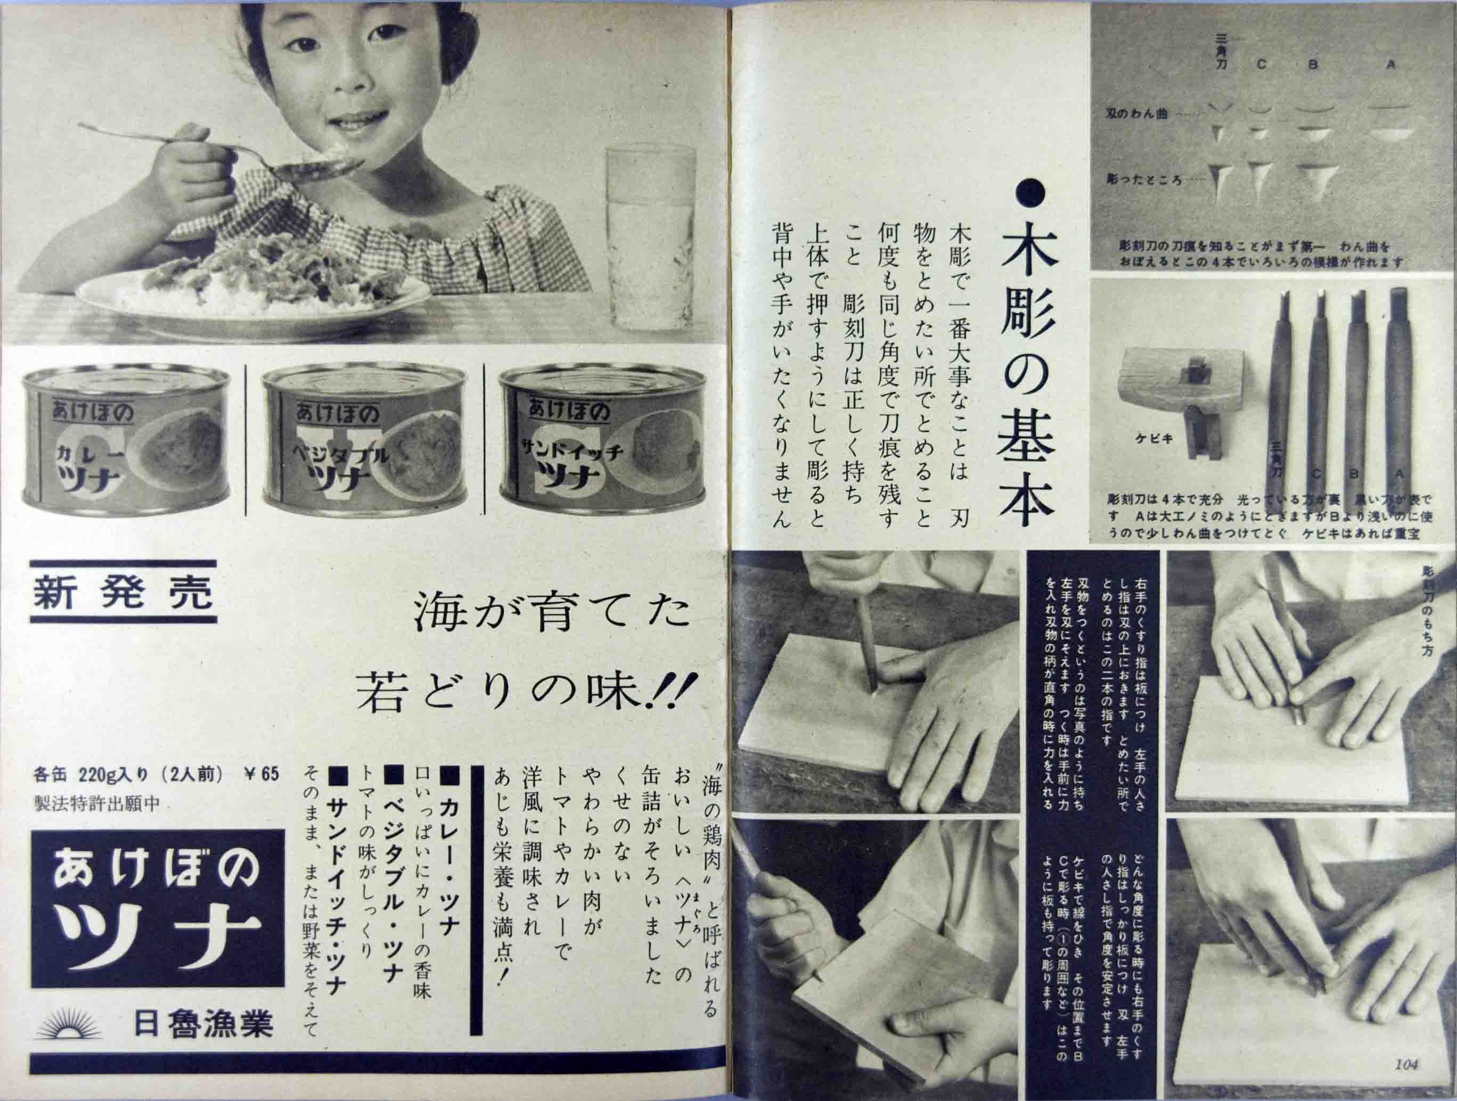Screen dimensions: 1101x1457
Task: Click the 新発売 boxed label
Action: click(123, 591)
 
